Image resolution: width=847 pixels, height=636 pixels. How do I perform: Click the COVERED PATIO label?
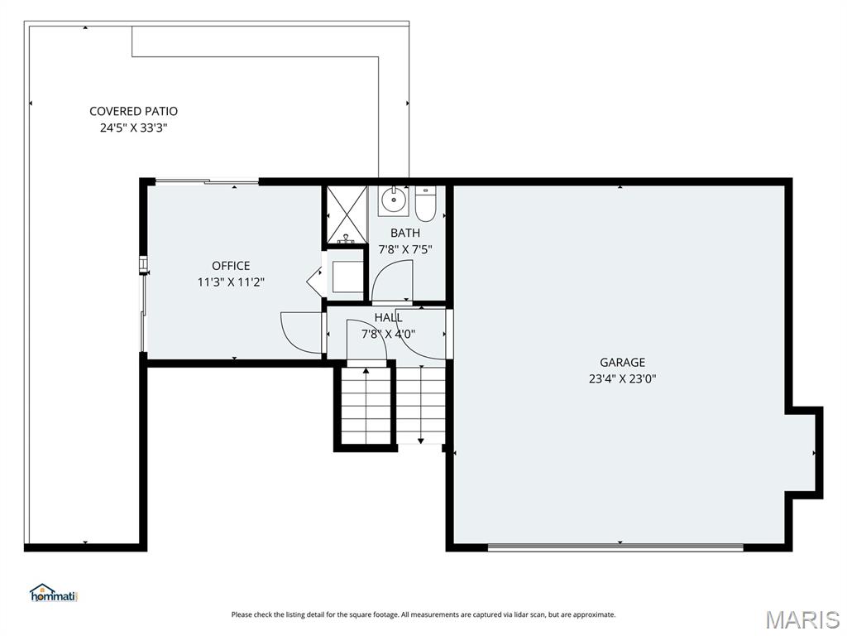click(133, 111)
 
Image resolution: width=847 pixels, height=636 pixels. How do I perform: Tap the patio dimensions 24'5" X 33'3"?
click(133, 128)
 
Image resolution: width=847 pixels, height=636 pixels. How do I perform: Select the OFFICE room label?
click(231, 266)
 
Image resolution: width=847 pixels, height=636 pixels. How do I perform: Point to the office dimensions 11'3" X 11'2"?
click(231, 282)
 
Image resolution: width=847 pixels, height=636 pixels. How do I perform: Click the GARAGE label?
click(622, 362)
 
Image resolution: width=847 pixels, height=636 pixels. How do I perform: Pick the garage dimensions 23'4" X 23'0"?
click(622, 378)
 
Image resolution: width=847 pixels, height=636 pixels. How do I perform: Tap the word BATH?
click(405, 233)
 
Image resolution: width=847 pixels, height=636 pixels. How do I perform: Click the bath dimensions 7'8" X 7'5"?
click(405, 248)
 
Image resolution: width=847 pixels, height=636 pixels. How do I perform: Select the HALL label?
click(388, 317)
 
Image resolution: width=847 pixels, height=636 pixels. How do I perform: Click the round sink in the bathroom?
click(395, 199)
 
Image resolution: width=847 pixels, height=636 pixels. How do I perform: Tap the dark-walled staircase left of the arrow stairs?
click(365, 406)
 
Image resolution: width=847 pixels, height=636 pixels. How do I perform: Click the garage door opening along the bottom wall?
click(615, 547)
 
